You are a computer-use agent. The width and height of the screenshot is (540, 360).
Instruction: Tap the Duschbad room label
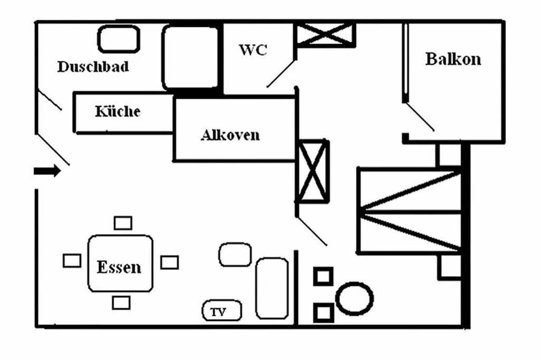pyautogui.click(x=93, y=67)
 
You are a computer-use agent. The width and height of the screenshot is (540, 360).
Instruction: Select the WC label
pyautogui.click(x=252, y=49)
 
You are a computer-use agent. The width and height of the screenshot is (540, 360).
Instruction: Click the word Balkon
pyautogui.click(x=453, y=59)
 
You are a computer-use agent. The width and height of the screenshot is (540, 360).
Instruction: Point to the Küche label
pyautogui.click(x=117, y=111)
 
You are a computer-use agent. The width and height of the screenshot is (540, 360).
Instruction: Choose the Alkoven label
pyautogui.click(x=230, y=135)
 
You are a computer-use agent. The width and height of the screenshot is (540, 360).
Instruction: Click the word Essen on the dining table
pyautogui.click(x=119, y=267)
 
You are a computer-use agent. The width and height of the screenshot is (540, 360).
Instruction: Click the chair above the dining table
pyautogui.click(x=122, y=223)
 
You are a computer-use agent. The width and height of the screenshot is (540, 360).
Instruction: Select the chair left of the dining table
pyautogui.click(x=72, y=261)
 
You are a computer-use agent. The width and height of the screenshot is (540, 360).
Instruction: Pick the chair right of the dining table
pyautogui.click(x=170, y=262)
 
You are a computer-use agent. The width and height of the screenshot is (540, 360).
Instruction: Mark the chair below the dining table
pyautogui.click(x=121, y=302)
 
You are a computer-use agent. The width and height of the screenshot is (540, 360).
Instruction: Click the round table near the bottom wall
pyautogui.click(x=355, y=298)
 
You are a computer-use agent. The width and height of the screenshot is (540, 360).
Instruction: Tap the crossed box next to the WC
pyautogui.click(x=325, y=34)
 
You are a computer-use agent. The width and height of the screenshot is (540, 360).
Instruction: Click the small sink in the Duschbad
pyautogui.click(x=119, y=39)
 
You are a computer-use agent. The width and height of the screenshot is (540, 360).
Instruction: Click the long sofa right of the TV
pyautogui.click(x=272, y=288)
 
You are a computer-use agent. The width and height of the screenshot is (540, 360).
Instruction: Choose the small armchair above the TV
pyautogui.click(x=234, y=255)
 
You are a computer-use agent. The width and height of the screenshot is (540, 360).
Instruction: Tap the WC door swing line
pyautogui.click(x=281, y=73)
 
